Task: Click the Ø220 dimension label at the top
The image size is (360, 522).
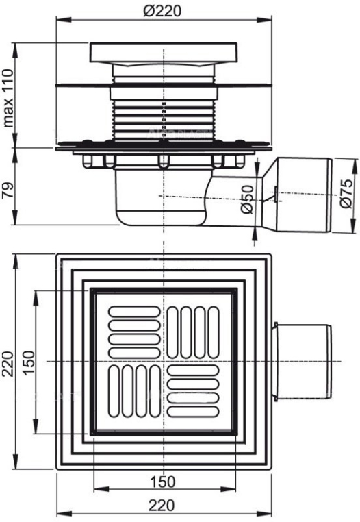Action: [x=163, y=11]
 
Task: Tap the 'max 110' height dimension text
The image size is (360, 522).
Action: [x=8, y=98]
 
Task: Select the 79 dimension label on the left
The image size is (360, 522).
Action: [x=8, y=190]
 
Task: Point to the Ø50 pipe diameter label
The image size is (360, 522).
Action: [x=248, y=199]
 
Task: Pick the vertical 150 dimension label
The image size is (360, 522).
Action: [x=29, y=362]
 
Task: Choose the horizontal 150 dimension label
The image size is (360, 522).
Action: [x=162, y=481]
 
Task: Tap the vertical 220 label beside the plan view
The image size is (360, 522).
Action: [x=8, y=364]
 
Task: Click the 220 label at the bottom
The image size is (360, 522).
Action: [x=162, y=505]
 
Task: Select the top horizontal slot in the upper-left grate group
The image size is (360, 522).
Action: [x=134, y=312]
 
